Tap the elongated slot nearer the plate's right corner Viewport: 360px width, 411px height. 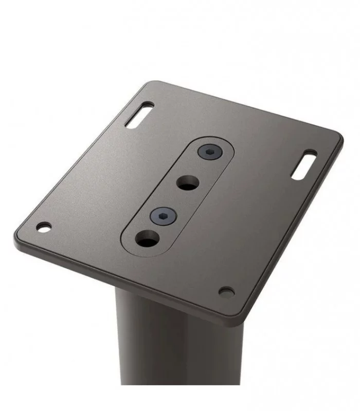tap(304, 164)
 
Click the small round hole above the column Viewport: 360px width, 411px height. tap(226, 292)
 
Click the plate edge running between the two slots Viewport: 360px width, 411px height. tap(242, 107)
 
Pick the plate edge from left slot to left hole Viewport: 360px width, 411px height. tap(77, 159)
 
